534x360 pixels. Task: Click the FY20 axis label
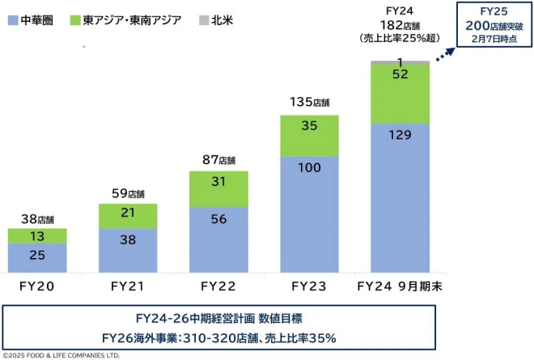[x=36, y=286]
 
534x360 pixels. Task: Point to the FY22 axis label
[x=218, y=286]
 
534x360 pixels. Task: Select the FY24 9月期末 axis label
[x=400, y=286]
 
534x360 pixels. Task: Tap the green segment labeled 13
[x=36, y=235]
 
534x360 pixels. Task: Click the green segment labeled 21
[x=128, y=213]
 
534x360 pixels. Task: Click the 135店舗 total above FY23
[x=309, y=103]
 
